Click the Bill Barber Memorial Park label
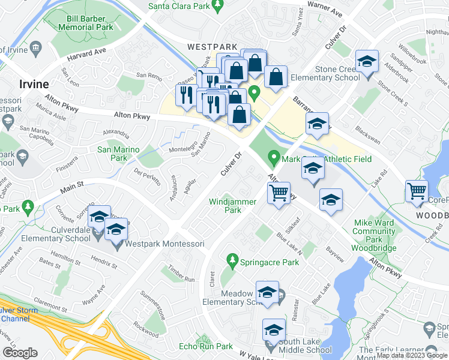coord(86,23)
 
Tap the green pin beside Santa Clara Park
coord(218,5)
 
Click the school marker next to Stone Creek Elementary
coord(367,62)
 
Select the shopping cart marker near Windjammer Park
coord(278,194)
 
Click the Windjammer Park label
coord(232,206)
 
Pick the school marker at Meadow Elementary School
coord(267,293)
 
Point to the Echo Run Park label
coord(206,346)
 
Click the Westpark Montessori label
coord(164,244)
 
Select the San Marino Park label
coord(118,154)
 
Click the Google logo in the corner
coord(20,353)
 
